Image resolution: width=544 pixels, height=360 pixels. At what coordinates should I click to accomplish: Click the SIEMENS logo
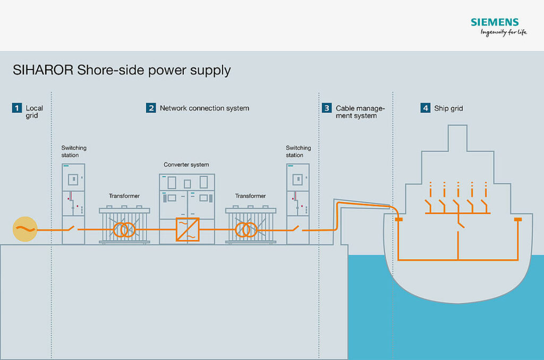[x=494, y=22]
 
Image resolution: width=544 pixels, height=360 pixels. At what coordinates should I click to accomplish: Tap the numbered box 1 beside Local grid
[x=17, y=108]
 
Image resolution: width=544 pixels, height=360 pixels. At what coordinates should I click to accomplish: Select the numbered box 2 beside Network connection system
[x=151, y=108]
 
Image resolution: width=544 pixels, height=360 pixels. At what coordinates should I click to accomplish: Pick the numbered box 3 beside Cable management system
[x=326, y=108]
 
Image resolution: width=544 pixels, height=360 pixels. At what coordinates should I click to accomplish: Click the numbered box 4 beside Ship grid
[x=426, y=108]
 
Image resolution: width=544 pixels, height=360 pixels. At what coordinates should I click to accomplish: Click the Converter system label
[x=186, y=165]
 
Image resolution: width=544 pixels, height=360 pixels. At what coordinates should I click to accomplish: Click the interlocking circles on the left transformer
[x=124, y=229]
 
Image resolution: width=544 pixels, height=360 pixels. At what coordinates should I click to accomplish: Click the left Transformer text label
[x=124, y=196]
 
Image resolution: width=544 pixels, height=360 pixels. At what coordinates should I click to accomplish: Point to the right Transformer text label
[x=250, y=196]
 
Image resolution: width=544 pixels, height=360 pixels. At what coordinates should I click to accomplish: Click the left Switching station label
[x=73, y=151]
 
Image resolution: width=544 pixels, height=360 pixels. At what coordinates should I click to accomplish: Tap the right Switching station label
[x=298, y=151]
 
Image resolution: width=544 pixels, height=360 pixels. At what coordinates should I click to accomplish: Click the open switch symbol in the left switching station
[x=73, y=228]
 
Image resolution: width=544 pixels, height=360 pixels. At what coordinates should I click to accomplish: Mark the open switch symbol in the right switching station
[x=298, y=228]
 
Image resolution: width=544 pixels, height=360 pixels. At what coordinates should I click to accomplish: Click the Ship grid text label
[x=449, y=108]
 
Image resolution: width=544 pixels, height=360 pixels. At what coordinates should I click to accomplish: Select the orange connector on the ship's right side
[x=518, y=219]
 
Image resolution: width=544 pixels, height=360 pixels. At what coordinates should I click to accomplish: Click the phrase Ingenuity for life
[x=503, y=33]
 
